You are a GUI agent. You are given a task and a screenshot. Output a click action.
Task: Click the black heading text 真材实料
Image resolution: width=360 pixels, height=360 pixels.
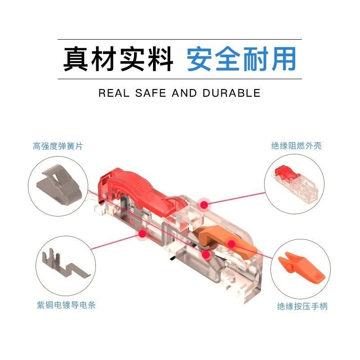pos(118,59)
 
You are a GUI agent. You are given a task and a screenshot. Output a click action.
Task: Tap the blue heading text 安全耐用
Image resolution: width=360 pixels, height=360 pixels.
pos(241,59)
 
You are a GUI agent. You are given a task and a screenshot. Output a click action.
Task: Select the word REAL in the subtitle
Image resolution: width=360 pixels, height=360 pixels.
pos(114,93)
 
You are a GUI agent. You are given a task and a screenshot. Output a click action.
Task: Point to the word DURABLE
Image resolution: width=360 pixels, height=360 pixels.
pos(231,93)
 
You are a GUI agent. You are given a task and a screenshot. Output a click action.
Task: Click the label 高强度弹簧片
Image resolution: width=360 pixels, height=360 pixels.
pos(58,146)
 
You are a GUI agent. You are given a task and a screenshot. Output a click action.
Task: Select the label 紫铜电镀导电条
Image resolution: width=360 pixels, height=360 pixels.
pos(66,305)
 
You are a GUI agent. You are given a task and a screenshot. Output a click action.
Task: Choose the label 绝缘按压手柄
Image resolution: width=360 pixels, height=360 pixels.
pos(302,306)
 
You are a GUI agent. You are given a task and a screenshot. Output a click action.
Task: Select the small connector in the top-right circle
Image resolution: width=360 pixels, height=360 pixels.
pos(295,183)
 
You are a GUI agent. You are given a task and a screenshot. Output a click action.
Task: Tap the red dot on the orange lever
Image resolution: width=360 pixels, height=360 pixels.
pos(232,244)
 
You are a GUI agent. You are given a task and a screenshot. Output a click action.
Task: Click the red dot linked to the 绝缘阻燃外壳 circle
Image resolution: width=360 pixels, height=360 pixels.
pos(205,205)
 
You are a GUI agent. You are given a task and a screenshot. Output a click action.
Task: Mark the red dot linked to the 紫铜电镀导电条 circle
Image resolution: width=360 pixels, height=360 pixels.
pos(143,234)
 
